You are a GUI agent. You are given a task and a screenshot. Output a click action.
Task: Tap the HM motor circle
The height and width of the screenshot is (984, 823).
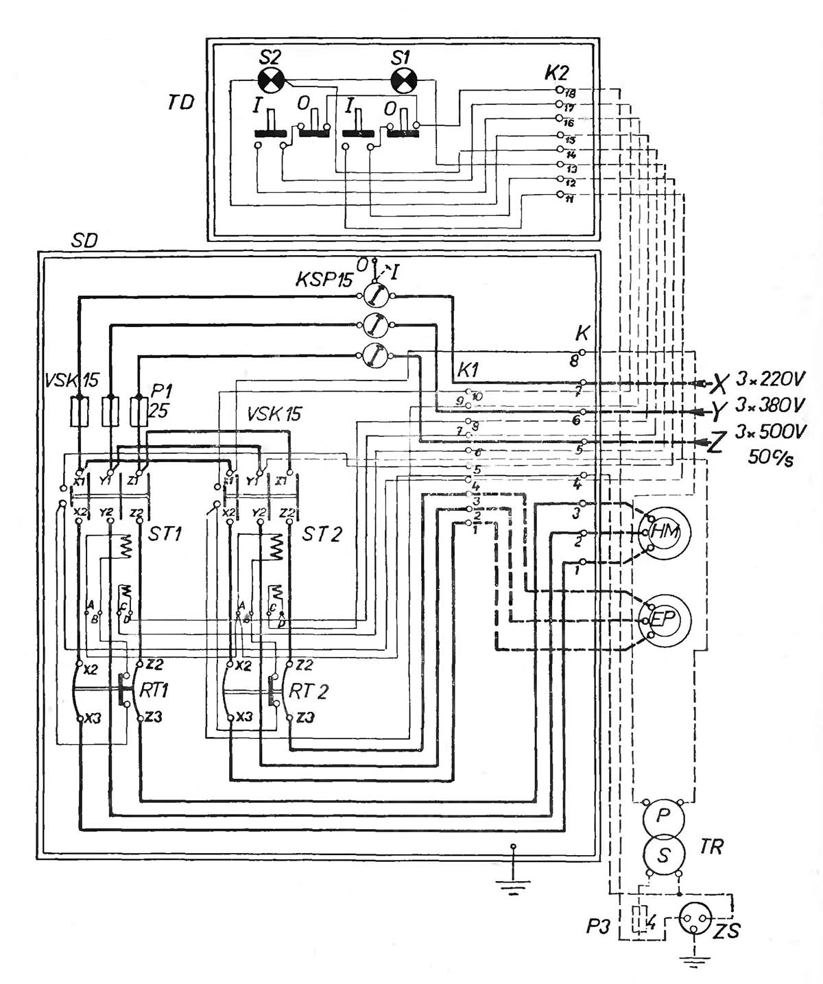[663, 532]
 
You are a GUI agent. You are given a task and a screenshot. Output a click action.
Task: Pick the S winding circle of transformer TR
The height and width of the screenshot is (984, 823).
[663, 854]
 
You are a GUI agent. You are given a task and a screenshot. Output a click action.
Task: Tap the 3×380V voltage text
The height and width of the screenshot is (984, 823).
[770, 406]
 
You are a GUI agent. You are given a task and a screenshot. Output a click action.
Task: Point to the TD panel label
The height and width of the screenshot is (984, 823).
[180, 103]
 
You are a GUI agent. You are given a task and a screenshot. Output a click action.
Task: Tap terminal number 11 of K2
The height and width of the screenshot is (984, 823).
[569, 198]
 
